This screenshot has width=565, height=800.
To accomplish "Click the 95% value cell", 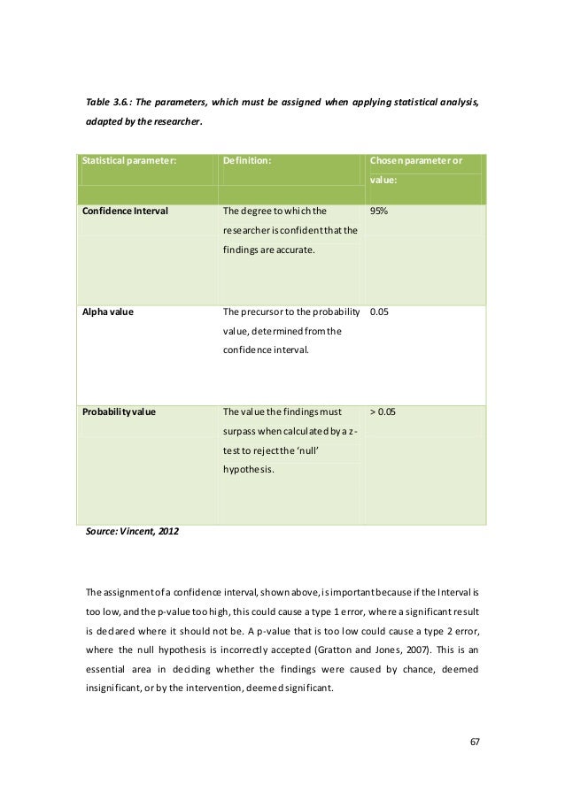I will pyautogui.click(x=382, y=212).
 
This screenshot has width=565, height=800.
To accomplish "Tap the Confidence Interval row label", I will pyautogui.click(x=125, y=212).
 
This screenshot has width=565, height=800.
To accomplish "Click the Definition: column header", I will pyautogui.click(x=247, y=160).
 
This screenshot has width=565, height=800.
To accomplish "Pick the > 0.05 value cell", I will pyautogui.click(x=383, y=412).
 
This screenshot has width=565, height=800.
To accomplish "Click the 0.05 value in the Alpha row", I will pyautogui.click(x=380, y=312).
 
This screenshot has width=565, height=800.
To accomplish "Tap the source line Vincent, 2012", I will pyautogui.click(x=132, y=535).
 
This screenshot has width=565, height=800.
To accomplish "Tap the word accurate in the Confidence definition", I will pyautogui.click(x=290, y=250).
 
